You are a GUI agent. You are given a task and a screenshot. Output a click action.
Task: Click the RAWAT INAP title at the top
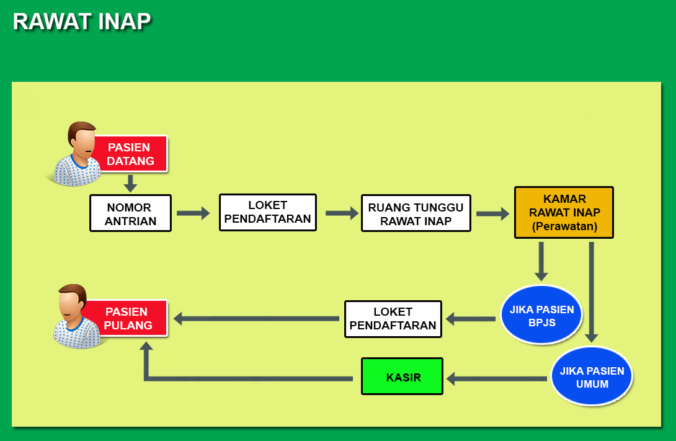pos(82,22)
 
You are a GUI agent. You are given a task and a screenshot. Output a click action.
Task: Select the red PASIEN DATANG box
pos(131,154)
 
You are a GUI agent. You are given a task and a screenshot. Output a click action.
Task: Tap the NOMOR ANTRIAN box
pos(131,213)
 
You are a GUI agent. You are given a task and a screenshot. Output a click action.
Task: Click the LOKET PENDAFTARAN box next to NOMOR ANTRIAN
pos(268,213)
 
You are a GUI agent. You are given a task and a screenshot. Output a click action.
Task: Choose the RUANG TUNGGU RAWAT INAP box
pos(416,213)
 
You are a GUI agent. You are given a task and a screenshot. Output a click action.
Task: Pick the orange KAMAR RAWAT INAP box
pos(564,213)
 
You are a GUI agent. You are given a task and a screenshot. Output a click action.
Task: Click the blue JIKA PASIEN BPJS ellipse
pos(542,314)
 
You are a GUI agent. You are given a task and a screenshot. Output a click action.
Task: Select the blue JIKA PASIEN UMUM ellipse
pos(592,376)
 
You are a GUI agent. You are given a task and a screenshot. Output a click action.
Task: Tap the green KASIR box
pos(402,376)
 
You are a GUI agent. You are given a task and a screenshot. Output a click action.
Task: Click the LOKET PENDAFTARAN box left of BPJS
pos(393,319)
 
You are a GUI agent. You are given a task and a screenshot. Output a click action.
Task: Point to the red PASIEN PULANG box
pos(128,318)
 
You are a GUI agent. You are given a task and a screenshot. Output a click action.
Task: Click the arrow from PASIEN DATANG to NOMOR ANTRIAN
pos(130,184)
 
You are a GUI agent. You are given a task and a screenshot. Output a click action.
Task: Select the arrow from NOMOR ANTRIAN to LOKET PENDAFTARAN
pos(193,213)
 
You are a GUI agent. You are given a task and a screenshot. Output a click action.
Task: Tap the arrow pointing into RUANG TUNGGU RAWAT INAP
pos(342,213)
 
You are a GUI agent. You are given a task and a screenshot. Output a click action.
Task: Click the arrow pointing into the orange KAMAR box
pos(493,213)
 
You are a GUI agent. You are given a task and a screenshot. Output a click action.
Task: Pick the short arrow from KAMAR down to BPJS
pos(541,262)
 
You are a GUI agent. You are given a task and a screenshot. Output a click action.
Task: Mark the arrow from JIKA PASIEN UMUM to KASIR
pos(497,379)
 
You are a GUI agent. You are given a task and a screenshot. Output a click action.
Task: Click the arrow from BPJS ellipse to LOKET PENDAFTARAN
pos(470,319)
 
